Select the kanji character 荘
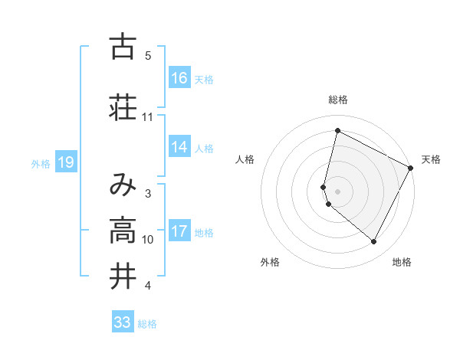123,106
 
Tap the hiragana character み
123,184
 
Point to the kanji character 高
123,230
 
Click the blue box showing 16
179,78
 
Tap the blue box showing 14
179,147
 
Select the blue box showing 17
179,231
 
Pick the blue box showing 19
66,162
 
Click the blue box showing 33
123,322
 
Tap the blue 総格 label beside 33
147,324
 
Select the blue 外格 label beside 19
41,162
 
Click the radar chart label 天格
431,159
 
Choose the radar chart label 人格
245,159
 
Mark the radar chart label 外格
270,262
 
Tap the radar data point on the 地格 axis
374,242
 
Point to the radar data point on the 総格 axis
337,131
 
